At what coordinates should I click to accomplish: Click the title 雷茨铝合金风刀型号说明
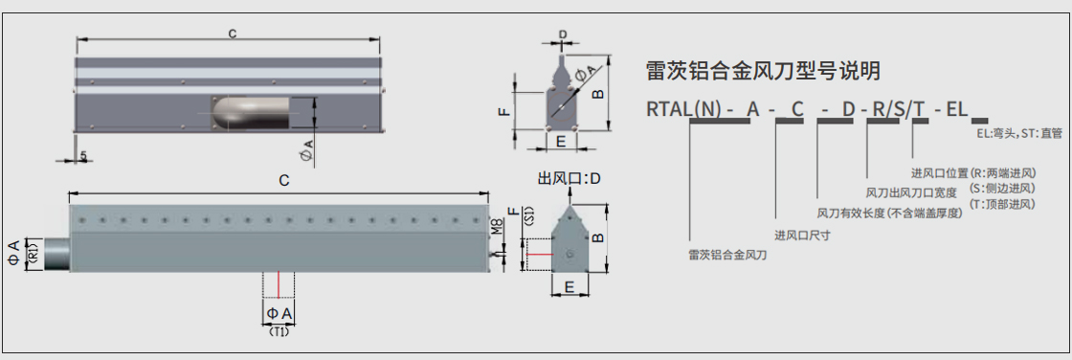(764, 71)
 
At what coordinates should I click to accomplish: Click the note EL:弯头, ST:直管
(1018, 134)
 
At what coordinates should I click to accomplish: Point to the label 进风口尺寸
(802, 234)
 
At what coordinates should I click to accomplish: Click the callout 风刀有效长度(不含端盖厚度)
(888, 213)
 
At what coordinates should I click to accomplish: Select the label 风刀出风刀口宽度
(911, 192)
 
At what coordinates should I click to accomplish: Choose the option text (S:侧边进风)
(1002, 189)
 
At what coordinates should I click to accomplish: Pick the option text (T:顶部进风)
(1002, 204)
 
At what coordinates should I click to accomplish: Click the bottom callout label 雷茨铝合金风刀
(727, 255)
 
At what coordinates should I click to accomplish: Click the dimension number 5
(84, 156)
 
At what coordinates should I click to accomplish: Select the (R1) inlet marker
(34, 255)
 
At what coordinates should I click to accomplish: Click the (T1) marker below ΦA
(279, 332)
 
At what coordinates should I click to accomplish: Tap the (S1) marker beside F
(527, 218)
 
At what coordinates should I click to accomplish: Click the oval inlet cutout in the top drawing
(251, 112)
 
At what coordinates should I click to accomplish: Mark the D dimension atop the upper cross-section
(562, 34)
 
